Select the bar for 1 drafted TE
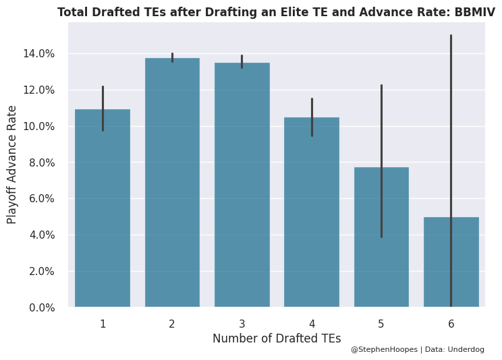[103, 209]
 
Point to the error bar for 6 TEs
[451, 135]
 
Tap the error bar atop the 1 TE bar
[103, 108]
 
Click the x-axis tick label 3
[242, 324]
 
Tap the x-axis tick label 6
[451, 324]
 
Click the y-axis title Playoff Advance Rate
[12, 164]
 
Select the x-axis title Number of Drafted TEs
[277, 338]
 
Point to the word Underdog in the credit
[466, 350]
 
